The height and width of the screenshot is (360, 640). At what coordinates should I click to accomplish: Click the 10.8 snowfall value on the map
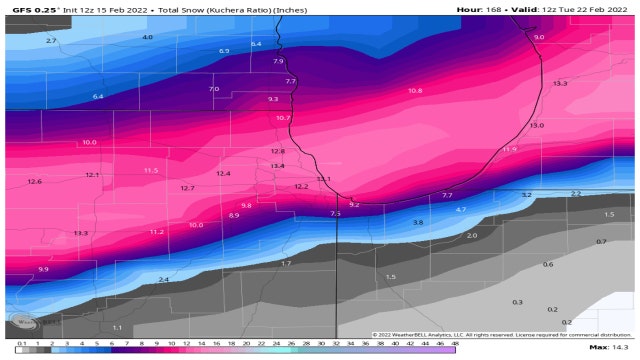click(x=415, y=91)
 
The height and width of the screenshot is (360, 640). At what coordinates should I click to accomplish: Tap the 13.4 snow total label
click(x=277, y=165)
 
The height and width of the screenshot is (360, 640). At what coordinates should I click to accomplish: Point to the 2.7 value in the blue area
click(x=51, y=41)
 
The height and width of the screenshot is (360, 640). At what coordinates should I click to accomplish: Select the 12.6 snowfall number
click(x=35, y=181)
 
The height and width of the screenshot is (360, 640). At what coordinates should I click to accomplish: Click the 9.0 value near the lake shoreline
click(x=539, y=37)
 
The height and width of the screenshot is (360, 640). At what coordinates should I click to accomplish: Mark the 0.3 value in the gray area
click(x=517, y=301)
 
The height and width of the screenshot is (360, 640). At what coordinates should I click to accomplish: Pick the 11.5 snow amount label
click(x=151, y=171)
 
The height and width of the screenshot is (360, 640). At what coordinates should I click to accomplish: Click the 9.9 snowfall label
click(x=43, y=269)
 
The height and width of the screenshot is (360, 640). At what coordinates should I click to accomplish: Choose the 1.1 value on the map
click(x=117, y=327)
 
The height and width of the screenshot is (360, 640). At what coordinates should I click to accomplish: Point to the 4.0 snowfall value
click(x=147, y=37)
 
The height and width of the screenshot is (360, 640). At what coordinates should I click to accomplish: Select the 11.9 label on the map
click(x=509, y=149)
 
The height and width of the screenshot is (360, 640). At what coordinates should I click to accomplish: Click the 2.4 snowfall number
click(x=163, y=279)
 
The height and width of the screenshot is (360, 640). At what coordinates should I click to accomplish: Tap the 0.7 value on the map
click(x=601, y=241)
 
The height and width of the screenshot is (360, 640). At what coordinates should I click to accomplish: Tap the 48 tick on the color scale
click(x=455, y=343)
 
